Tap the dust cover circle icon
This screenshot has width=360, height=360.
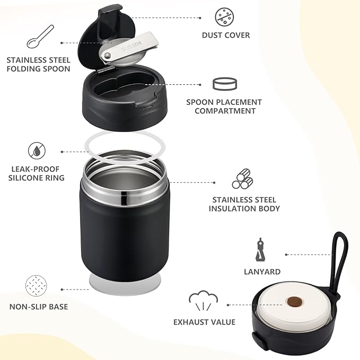coord(225,17)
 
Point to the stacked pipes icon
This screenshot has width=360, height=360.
coord(242,179)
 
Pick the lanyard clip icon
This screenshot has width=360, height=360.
coord(260,249)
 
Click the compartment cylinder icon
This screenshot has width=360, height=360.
coord(224,84)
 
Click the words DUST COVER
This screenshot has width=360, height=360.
coord(225,36)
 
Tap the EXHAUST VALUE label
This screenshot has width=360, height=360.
coord(204,322)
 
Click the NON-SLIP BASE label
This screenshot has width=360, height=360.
coord(38,306)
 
